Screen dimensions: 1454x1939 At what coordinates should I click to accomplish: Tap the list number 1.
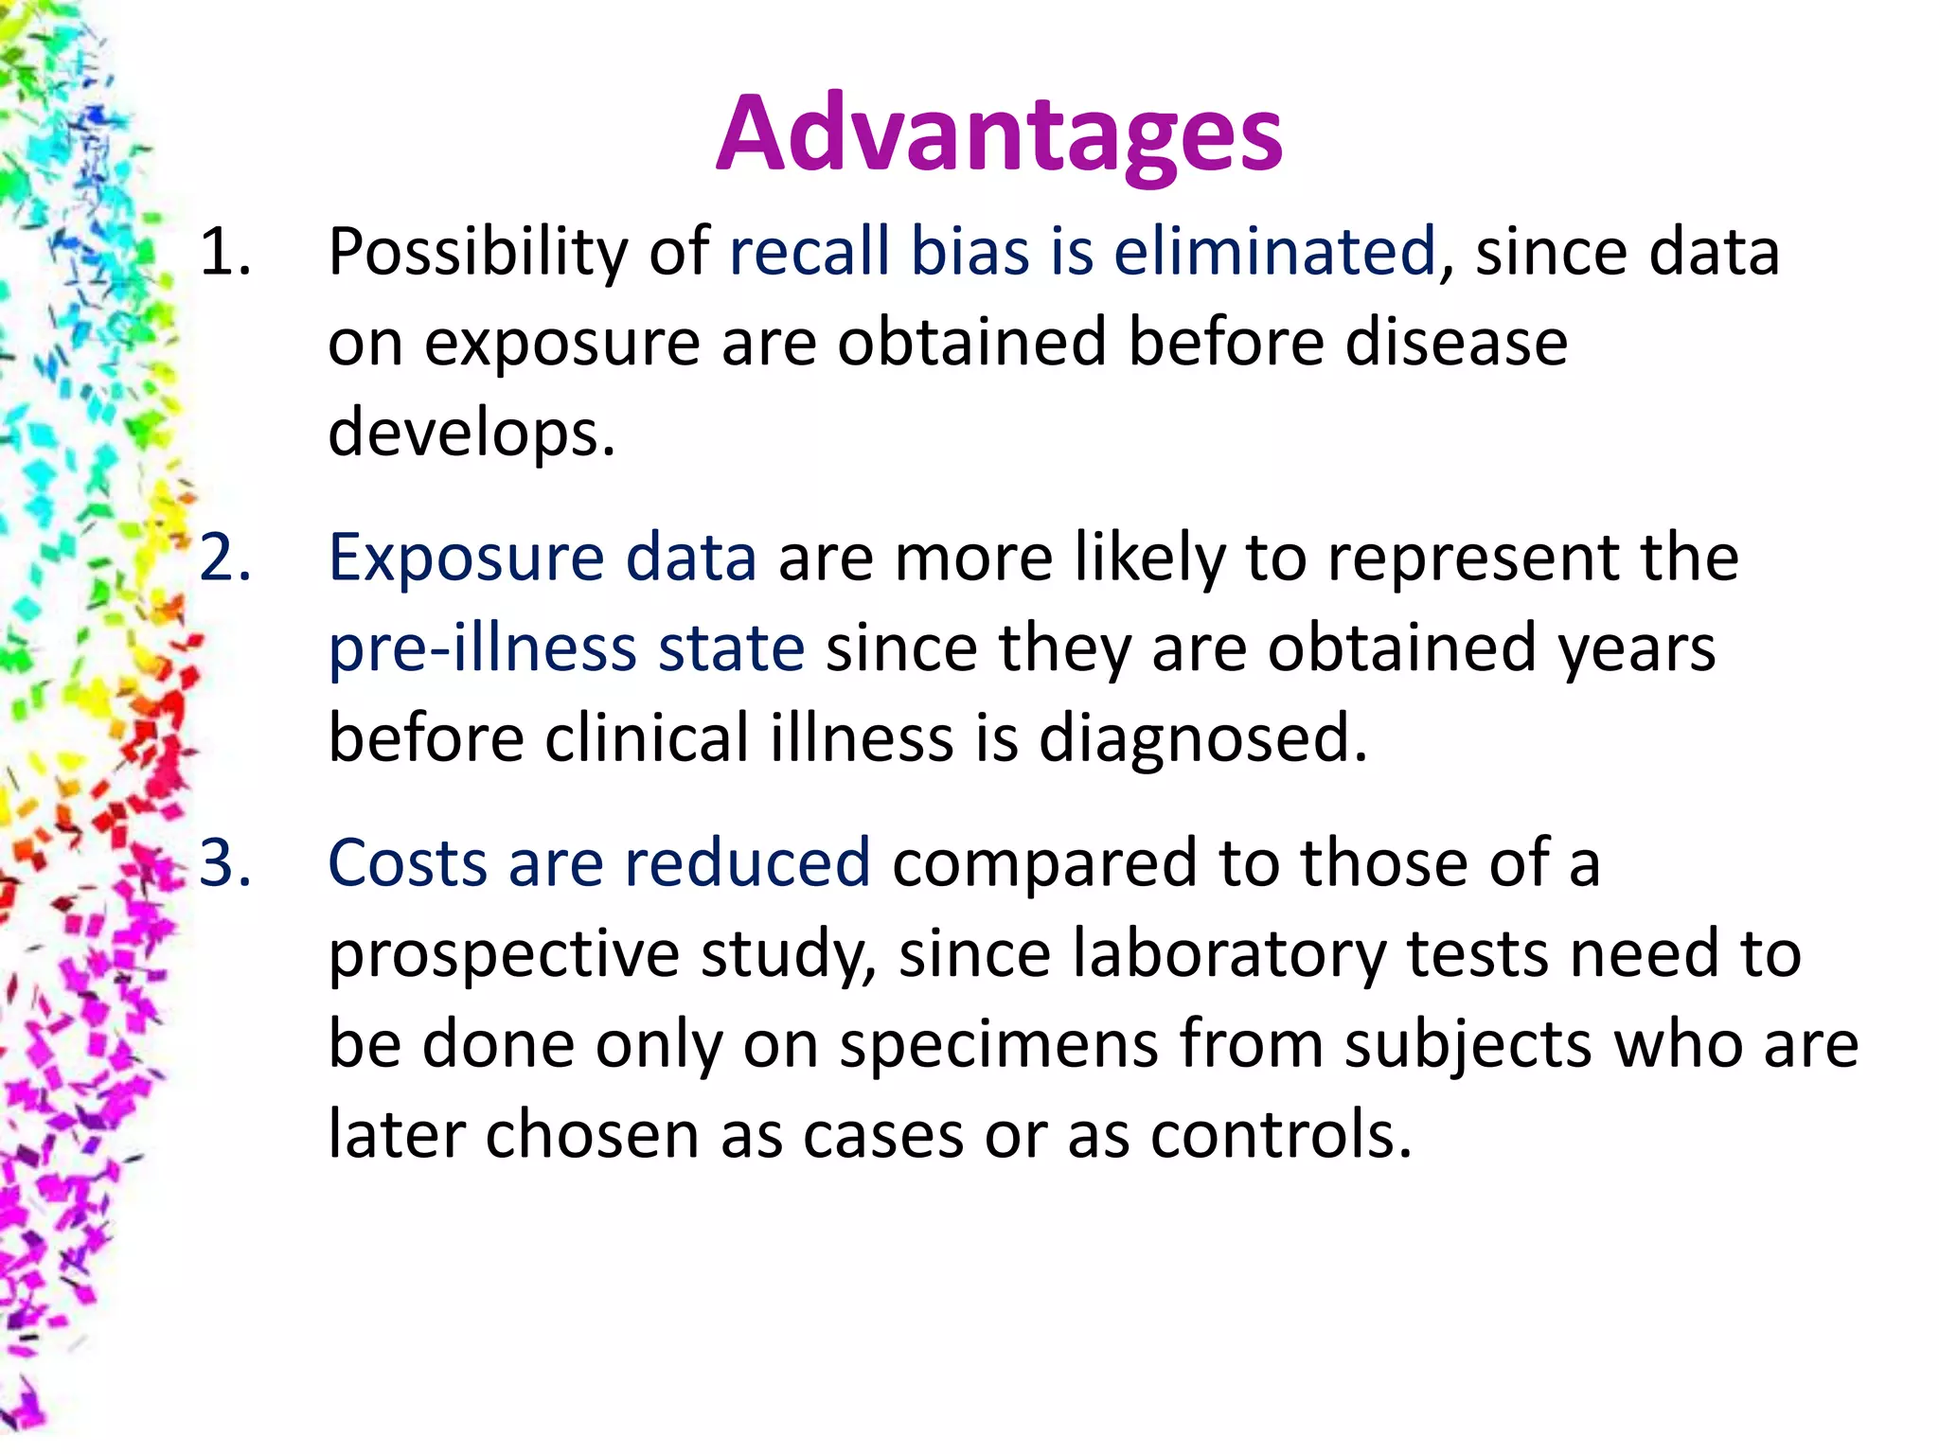tap(225, 253)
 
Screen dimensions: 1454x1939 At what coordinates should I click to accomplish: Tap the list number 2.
tap(225, 558)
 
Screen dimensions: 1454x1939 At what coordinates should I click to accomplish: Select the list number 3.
tap(225, 863)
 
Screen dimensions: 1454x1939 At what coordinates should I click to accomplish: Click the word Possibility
tap(477, 253)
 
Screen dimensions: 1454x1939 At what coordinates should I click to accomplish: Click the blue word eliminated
tap(1274, 253)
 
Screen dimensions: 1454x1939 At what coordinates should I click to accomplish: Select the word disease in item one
tap(1456, 342)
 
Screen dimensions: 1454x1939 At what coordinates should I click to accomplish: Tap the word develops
tap(471, 433)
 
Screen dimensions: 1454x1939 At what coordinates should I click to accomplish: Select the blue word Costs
tap(407, 863)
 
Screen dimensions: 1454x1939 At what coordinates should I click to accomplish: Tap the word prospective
tap(504, 954)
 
